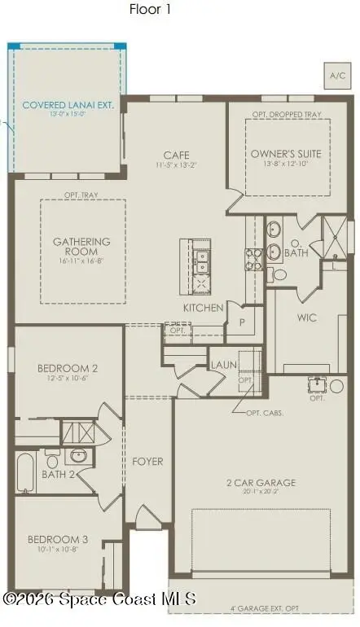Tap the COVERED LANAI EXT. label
click(69, 105)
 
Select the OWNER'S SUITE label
click(286, 153)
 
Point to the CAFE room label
click(177, 155)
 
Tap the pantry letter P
click(242, 322)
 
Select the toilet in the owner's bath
click(279, 274)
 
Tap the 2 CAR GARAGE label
click(261, 483)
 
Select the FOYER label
click(147, 462)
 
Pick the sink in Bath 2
click(79, 455)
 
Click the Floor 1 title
click(151, 9)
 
